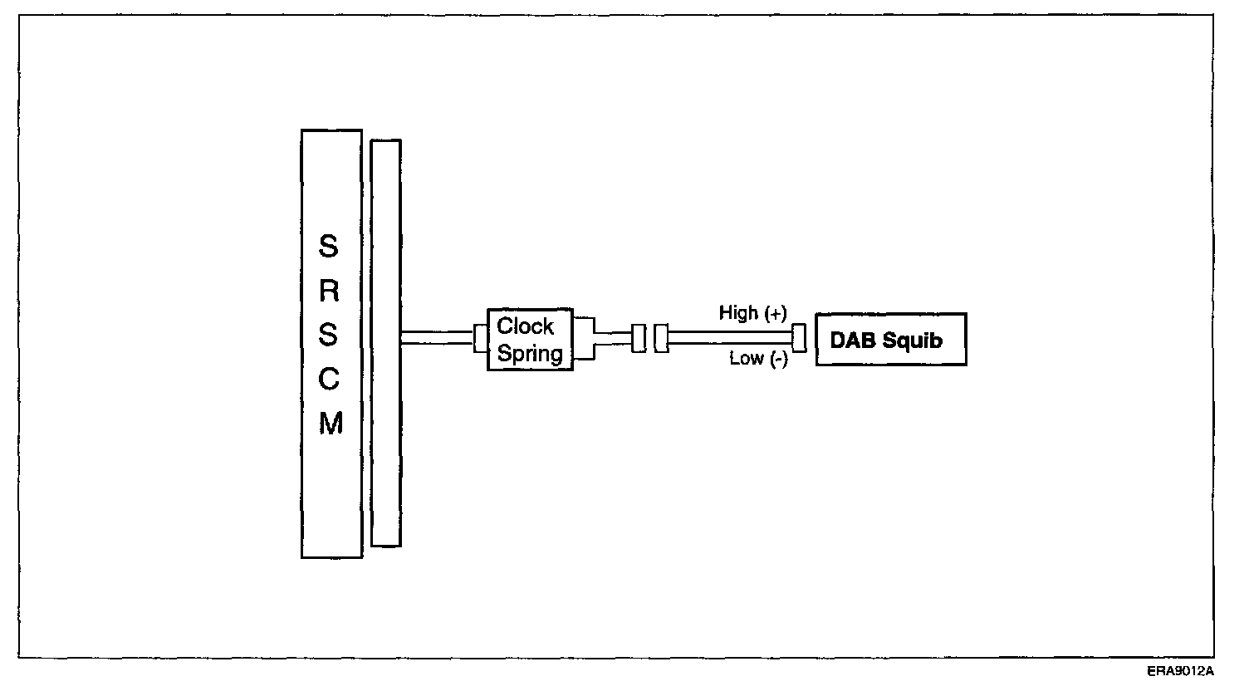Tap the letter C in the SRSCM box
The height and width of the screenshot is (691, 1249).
pos(330,380)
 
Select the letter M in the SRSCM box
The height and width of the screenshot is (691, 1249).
pos(331,424)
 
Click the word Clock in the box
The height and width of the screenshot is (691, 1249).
pos(525,326)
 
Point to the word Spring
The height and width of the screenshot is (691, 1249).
pos(530,354)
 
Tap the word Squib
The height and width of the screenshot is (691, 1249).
pos(913,341)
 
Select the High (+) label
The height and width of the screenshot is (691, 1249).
pos(752,313)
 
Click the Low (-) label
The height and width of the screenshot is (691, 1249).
pos(758,359)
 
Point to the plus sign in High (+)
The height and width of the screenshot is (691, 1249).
pos(776,313)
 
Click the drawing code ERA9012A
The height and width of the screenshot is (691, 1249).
pos(1181,670)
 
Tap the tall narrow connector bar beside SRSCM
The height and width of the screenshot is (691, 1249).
pos(385,342)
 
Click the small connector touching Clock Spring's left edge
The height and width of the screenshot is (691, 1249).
pos(480,339)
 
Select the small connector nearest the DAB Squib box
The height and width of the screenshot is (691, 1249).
pos(799,338)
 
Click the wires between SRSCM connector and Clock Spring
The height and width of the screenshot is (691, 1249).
pos(437,338)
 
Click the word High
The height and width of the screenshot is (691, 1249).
pos(738,313)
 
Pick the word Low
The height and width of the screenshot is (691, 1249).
pos(746,359)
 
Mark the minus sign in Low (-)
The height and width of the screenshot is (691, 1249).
pos(779,360)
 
